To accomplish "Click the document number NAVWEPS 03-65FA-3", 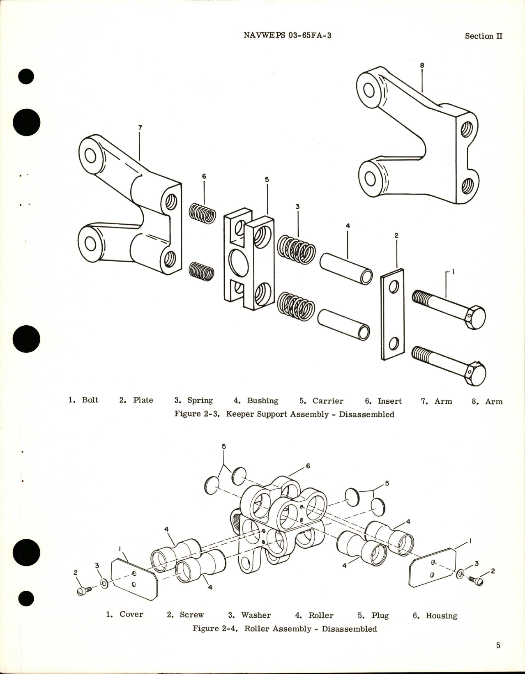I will [x=288, y=35].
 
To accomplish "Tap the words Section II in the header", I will [x=484, y=36].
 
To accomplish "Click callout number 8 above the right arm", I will [x=422, y=65].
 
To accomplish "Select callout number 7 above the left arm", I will [x=140, y=128].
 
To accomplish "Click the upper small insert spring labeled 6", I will [x=203, y=214].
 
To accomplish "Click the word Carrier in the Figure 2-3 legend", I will [x=328, y=401].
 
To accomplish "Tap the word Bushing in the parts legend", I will [x=262, y=400].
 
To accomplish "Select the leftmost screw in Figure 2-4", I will [x=81, y=590].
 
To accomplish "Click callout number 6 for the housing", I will [x=308, y=466].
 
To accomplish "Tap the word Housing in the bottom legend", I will [x=441, y=615].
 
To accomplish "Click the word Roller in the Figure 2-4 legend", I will [x=321, y=615].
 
